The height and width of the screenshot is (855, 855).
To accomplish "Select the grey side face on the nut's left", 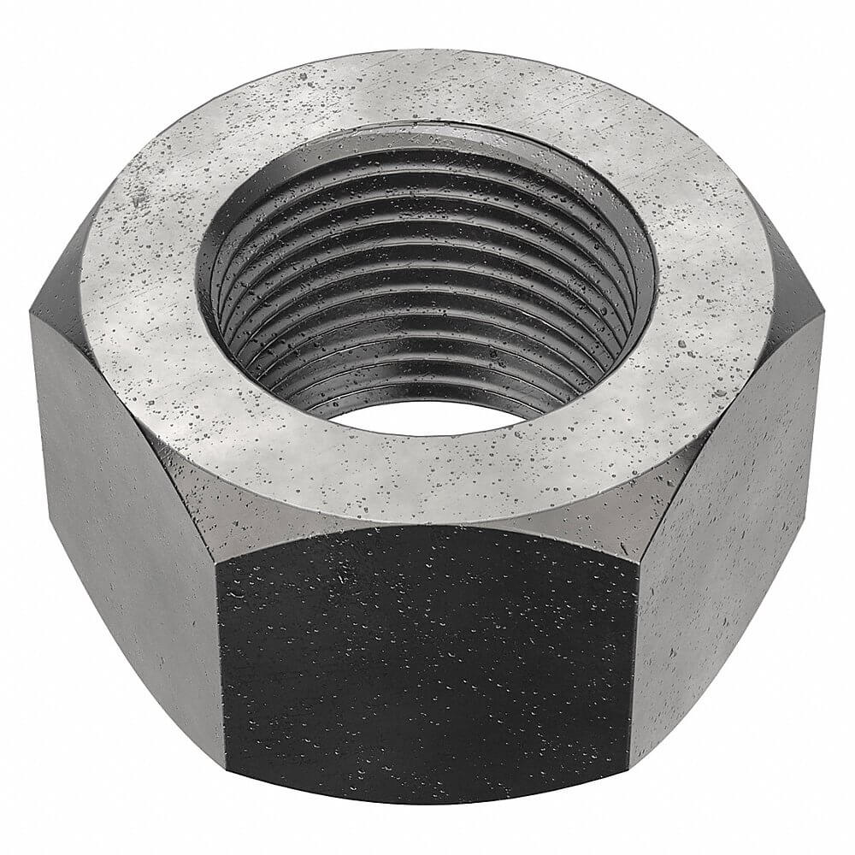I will coord(120,513).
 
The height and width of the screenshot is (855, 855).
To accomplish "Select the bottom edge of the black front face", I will coord(427,800).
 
